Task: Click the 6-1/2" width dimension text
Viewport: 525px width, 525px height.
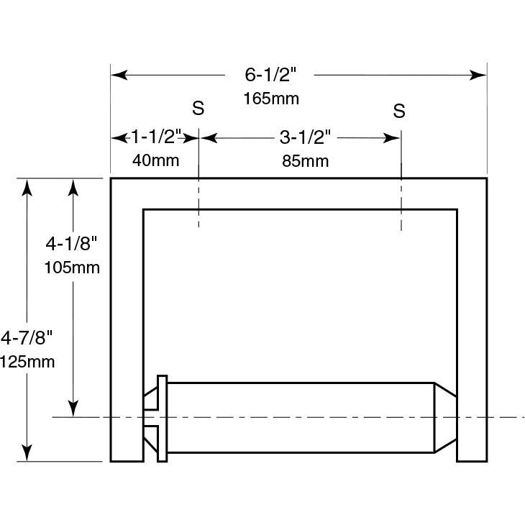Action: point(270,74)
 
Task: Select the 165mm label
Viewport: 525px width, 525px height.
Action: point(271,99)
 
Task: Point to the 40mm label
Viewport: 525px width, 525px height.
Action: point(155,160)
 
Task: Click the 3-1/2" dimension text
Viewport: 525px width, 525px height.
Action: point(305,137)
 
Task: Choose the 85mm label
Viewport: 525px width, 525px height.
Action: point(306,161)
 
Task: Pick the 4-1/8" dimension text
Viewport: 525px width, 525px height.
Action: point(71,243)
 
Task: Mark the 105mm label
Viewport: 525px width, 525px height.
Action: point(72,268)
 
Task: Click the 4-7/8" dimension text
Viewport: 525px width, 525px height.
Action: point(27,337)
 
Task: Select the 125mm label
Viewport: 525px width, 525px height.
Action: point(27,362)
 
